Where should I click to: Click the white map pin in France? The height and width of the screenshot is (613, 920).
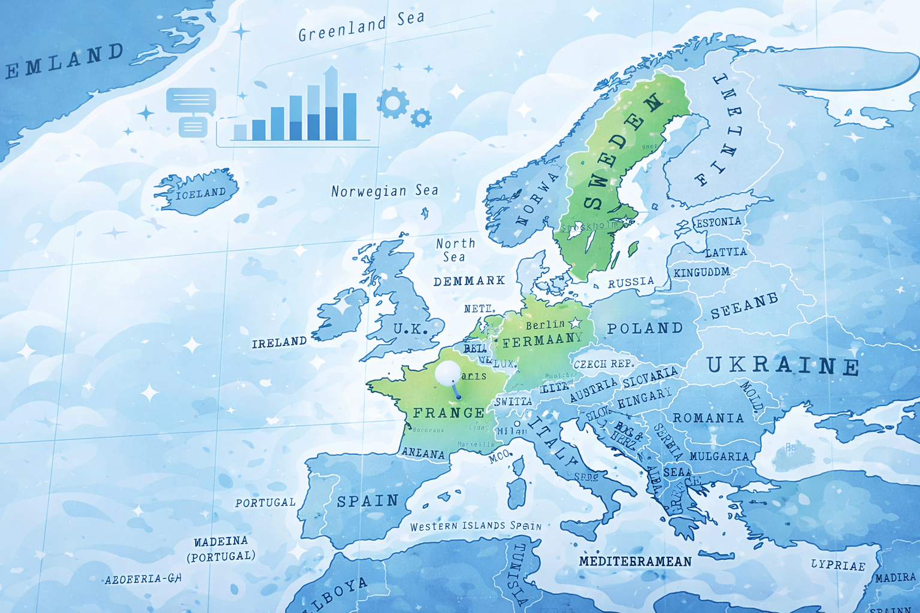[x=448, y=373]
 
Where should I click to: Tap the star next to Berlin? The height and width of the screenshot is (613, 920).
[x=576, y=323]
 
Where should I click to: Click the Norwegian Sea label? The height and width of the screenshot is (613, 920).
[x=385, y=191]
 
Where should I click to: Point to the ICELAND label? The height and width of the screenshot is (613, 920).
[x=201, y=193]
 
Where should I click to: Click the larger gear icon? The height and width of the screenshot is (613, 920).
[x=393, y=102]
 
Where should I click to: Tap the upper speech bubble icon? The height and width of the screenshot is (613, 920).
[x=191, y=101]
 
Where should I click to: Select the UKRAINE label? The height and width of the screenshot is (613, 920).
[x=783, y=365]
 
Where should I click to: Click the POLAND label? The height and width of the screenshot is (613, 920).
[x=645, y=328]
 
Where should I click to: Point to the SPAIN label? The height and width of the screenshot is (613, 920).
[x=368, y=501]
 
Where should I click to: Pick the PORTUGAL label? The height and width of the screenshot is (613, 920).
[x=265, y=503]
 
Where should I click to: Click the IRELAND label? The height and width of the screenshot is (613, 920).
[x=279, y=342]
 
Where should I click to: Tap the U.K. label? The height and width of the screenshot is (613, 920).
[x=410, y=329]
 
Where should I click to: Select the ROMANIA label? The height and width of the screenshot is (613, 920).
[x=709, y=417]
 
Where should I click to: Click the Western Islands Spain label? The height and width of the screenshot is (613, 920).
[x=476, y=526]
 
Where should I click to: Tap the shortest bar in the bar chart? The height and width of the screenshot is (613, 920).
[x=240, y=132]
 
